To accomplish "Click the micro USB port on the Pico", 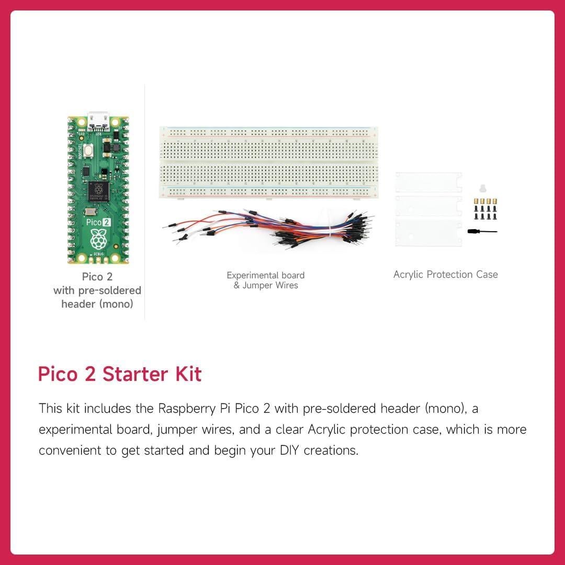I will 98,120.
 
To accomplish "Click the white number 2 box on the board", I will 106,222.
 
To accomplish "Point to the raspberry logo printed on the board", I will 98,240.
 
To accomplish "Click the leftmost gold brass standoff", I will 476,201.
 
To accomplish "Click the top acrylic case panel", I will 428,182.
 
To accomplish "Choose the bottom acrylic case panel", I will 428,232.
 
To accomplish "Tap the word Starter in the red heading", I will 135,375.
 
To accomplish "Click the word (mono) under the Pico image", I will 116,303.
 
